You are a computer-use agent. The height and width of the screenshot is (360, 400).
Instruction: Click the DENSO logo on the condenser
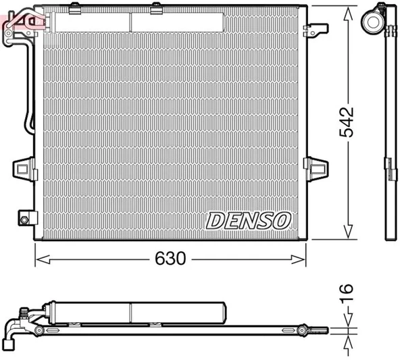coord(248,220)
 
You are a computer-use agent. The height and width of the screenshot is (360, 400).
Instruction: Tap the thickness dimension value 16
coord(347,292)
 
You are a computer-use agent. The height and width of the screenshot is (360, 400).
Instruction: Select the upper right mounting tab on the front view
coord(314,30)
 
